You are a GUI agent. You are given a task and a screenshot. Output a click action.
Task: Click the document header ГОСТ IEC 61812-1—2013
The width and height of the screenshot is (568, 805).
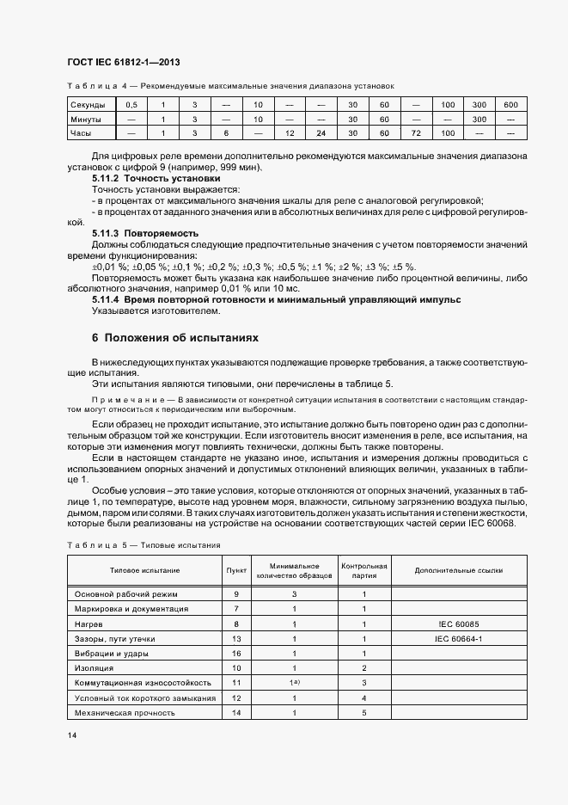123,62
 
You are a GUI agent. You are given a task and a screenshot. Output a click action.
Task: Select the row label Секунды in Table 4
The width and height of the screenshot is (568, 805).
88,104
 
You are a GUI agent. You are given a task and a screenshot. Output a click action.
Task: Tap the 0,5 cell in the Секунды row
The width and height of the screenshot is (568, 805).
131,104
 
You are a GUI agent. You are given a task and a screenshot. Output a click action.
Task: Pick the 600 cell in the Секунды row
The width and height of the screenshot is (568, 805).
511,104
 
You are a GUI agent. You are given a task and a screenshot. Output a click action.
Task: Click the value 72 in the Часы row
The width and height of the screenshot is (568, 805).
416,133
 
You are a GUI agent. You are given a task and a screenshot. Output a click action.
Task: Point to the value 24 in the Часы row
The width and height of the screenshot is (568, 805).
321,133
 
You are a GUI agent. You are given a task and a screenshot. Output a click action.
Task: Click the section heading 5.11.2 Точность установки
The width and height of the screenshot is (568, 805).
142,177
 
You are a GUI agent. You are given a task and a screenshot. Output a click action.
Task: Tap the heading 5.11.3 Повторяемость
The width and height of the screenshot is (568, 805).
145,233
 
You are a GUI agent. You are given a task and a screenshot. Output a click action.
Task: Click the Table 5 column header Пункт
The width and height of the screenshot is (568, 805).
236,570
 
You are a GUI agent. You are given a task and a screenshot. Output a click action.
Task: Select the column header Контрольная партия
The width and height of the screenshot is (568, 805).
364,570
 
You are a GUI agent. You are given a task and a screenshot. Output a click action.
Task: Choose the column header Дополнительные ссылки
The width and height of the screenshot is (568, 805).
459,570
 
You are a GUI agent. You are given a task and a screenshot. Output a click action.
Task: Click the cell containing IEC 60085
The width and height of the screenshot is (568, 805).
459,624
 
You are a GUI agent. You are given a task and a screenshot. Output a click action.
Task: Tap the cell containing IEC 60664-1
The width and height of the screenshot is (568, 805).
459,638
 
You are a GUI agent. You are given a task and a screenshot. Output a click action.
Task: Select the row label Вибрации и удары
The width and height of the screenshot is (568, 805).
115,654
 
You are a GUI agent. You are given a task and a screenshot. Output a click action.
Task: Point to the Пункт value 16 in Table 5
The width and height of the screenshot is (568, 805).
236,654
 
